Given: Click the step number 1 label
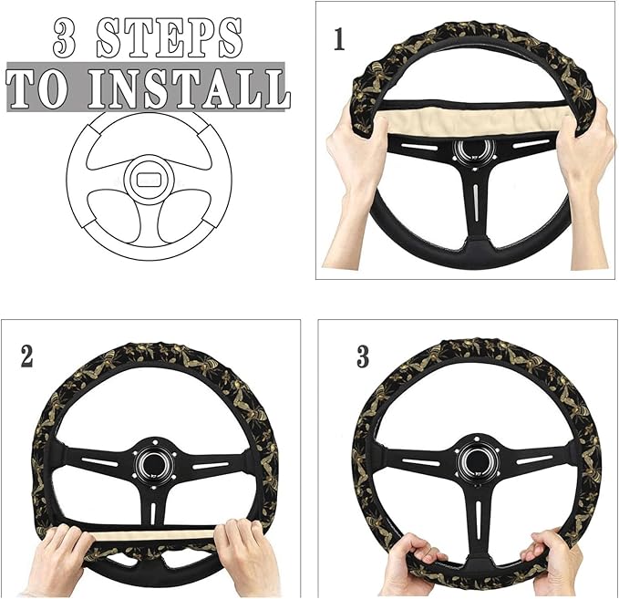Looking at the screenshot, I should point(339,41).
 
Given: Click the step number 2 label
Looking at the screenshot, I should point(27,356).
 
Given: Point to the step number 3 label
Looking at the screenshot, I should point(363,356).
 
